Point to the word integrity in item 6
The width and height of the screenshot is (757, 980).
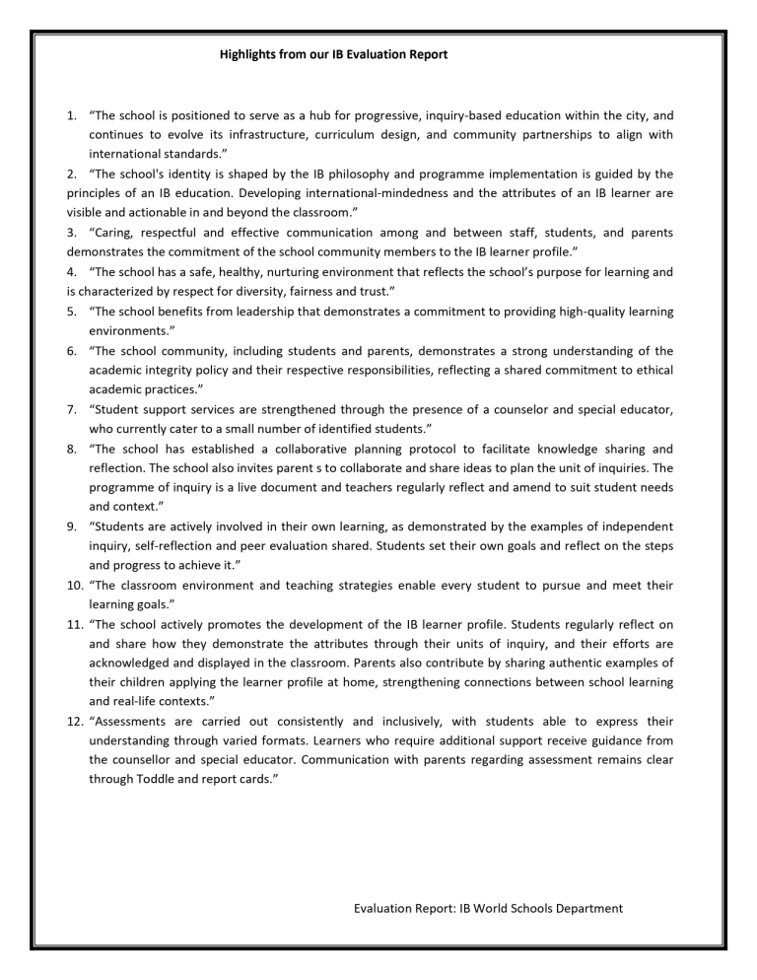(x=152, y=370)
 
